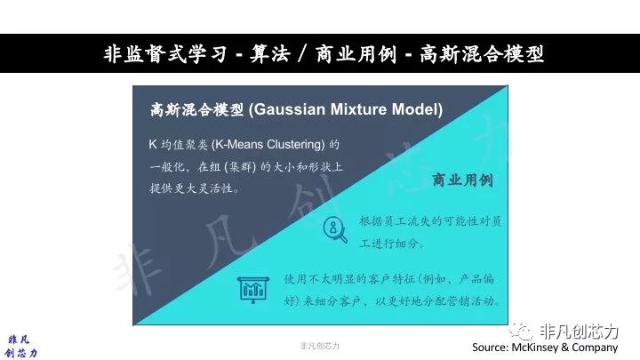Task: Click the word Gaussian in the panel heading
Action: [290, 110]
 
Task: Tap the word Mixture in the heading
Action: [358, 109]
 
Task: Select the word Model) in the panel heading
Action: [417, 110]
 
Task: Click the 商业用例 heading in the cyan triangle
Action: [462, 180]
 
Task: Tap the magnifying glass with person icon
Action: [335, 229]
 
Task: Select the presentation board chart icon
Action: [253, 290]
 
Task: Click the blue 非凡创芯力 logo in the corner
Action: [20, 347]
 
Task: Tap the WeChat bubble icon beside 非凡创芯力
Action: [521, 331]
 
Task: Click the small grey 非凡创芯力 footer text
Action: [320, 346]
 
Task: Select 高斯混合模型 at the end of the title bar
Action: [482, 54]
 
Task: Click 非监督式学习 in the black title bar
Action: [164, 54]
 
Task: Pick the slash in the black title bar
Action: [302, 54]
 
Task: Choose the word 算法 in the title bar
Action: [269, 54]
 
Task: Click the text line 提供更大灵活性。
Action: [195, 188]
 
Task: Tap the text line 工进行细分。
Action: [392, 244]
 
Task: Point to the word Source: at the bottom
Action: [490, 348]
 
